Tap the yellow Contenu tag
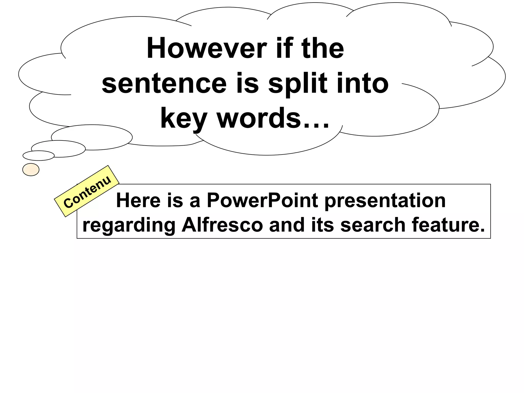coord(87,191)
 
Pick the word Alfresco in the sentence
coord(222,225)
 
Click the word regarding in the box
coord(129,225)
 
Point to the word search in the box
coord(373,225)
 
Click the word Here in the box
coord(138,200)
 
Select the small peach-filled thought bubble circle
coord(31,170)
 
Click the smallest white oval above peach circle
coord(39,156)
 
